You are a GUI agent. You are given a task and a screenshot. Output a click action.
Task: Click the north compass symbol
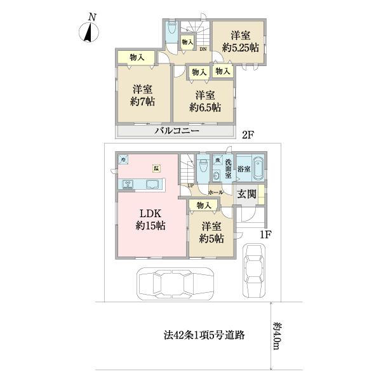[90, 30]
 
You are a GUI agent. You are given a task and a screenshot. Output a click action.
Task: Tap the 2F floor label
[247, 134]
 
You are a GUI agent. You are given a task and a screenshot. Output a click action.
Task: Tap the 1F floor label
[266, 234]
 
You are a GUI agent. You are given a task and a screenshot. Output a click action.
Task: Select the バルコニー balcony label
[178, 131]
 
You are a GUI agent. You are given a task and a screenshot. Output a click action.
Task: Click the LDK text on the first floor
[151, 213]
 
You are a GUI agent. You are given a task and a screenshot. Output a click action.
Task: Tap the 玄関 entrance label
[248, 194]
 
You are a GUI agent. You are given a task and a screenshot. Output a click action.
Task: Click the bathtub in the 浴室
[257, 170]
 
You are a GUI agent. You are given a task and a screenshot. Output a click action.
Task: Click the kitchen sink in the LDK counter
[152, 185]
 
